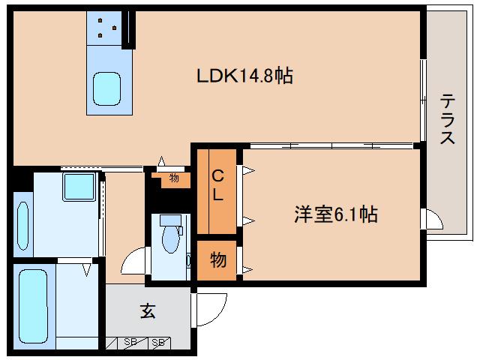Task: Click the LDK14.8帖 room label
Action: tap(244, 75)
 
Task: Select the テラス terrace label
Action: tap(448, 118)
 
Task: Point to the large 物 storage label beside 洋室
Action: tap(217, 259)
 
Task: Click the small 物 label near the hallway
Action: tap(174, 178)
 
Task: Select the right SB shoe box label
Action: tap(157, 343)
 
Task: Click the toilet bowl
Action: tap(169, 239)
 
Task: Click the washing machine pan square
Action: tap(78, 186)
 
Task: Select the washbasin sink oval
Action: tap(22, 222)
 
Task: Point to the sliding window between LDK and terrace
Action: tap(422, 97)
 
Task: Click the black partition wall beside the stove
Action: tap(130, 28)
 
